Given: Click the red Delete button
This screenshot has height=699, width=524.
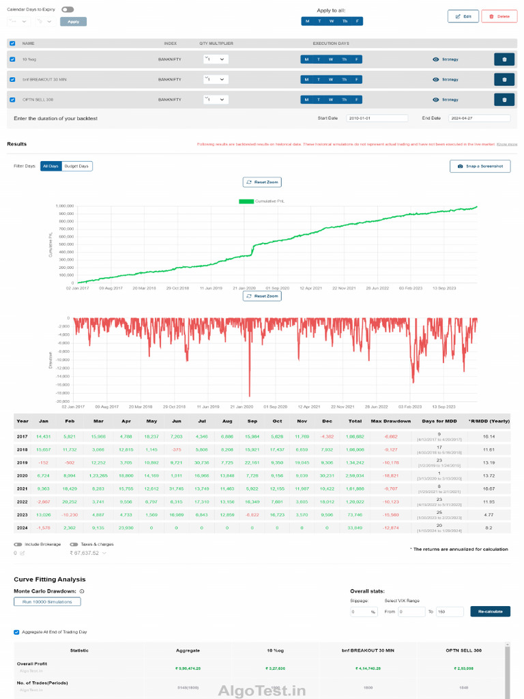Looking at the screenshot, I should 499,16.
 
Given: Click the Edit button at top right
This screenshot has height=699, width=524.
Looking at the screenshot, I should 463,16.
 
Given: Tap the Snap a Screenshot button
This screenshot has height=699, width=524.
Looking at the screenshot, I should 480,166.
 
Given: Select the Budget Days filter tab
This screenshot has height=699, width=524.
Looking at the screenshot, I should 77,166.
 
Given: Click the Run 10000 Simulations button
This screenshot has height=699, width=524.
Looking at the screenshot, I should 47,601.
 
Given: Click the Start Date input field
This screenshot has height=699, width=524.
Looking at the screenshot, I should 377,118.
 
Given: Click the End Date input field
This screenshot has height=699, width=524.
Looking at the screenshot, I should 479,118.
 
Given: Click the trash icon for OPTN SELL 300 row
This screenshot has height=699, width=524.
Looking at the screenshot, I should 504,99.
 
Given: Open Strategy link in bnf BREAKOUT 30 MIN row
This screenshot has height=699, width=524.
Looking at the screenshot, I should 446,79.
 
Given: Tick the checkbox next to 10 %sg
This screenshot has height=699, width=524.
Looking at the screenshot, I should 12,59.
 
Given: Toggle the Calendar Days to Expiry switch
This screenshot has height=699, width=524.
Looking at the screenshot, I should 67,10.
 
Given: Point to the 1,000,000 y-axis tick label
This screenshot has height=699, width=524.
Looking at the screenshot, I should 64,205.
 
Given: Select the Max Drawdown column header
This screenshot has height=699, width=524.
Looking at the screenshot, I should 391,420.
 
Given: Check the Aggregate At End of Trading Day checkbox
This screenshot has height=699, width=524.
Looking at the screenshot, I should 17,632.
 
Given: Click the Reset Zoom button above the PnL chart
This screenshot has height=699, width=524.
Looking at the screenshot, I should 262,182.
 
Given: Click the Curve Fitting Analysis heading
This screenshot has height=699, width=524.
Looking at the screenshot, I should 50,579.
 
